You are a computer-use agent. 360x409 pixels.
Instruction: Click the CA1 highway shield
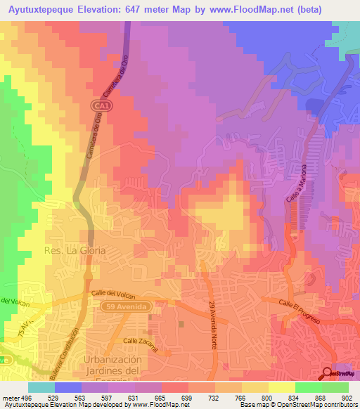[101, 105]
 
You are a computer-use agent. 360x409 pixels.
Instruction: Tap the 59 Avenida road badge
[133, 306]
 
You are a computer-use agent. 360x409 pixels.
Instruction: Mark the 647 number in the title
[155, 10]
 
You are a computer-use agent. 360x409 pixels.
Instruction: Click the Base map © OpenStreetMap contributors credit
[298, 405]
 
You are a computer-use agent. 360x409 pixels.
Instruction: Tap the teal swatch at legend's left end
[41, 387]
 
